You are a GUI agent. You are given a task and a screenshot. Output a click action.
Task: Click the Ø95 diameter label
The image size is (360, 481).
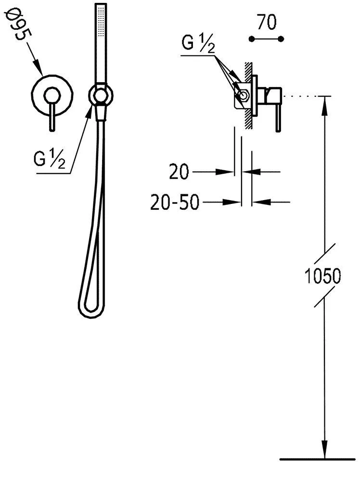(18, 25)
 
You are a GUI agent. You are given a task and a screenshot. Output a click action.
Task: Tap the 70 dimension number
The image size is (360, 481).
(267, 22)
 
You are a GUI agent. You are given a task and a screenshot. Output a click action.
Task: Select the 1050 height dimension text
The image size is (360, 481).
(322, 276)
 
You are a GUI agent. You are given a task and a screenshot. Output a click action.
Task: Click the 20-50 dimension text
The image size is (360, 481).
(175, 202)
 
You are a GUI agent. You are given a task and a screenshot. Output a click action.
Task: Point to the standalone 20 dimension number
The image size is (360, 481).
(179, 172)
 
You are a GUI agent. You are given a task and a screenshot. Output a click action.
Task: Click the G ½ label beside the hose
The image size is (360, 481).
(50, 160)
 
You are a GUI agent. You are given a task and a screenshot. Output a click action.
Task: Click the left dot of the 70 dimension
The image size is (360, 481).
(252, 39)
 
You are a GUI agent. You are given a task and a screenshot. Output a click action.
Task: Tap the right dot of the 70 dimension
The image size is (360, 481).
(281, 39)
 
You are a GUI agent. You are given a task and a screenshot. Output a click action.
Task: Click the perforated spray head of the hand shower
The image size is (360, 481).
(101, 20)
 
